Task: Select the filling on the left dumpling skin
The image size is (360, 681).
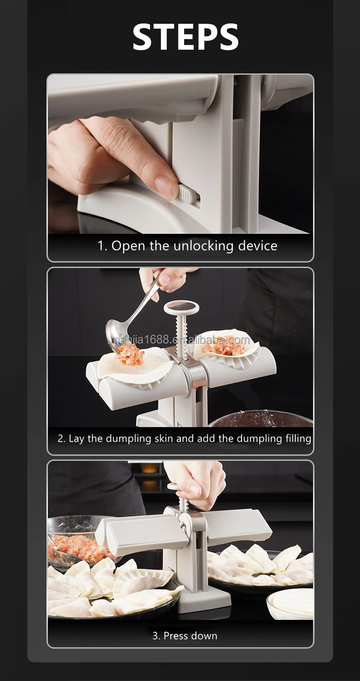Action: pos(131,356)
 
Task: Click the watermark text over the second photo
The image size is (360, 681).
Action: pos(181,340)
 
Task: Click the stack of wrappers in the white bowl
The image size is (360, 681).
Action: pos(292,602)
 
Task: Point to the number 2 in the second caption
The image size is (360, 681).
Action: pos(61,439)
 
